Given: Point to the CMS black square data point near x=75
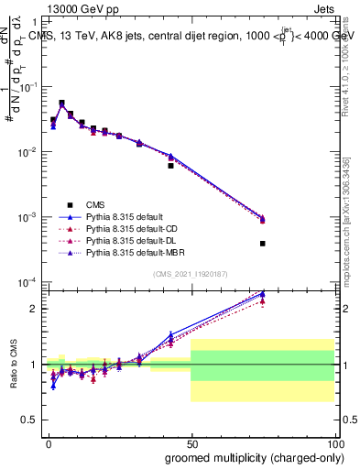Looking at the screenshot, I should click(262, 244).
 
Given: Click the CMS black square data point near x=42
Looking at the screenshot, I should click(170, 166).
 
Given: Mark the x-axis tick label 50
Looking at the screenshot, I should click(191, 442).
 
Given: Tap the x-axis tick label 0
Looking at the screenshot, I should click(49, 442).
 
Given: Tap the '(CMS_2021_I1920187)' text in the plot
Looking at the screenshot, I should click(190, 274).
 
